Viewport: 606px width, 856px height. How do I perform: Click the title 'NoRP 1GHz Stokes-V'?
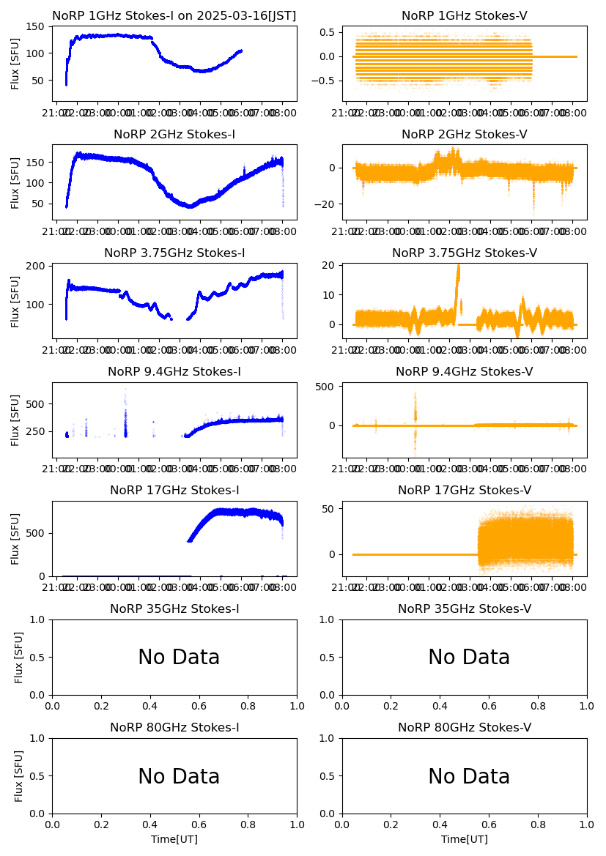464,16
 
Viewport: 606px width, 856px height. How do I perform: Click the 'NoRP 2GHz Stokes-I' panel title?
174,135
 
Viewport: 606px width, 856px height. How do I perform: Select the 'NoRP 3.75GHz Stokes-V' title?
464,253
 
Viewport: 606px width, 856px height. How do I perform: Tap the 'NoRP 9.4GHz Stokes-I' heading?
174,372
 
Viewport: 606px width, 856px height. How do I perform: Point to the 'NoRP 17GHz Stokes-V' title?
464,491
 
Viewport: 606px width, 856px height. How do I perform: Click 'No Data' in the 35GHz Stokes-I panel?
179,658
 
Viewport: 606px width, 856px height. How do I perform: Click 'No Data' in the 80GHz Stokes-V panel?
469,776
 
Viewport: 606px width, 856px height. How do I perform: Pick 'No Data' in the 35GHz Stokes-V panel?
469,658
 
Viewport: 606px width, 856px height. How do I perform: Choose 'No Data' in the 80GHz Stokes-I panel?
179,776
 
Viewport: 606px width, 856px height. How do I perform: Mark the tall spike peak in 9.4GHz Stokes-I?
125,390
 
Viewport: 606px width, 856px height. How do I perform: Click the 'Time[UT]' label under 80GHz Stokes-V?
464,839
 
